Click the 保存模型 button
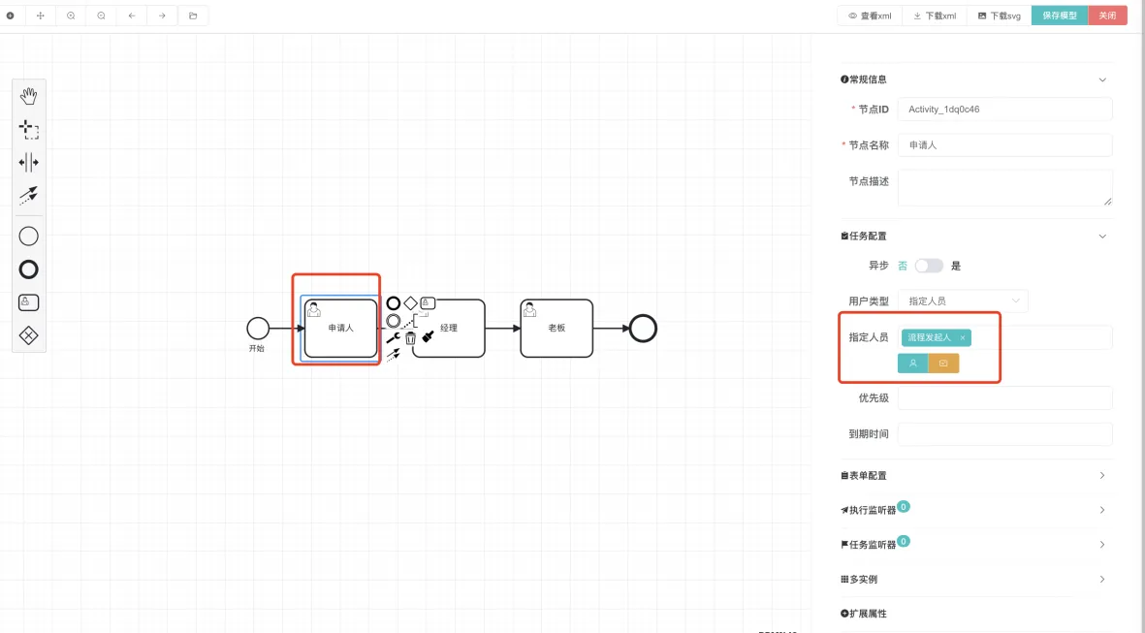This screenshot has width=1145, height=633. tap(1060, 16)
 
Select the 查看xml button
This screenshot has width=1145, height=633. tap(870, 16)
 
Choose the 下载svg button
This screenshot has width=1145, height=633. tap(1000, 16)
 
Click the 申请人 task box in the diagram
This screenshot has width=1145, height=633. tap(340, 328)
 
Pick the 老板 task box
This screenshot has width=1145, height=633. tap(557, 328)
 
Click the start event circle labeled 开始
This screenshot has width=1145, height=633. tap(257, 328)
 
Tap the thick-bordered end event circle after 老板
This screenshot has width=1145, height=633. tap(642, 328)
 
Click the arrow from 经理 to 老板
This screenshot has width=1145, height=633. tap(502, 328)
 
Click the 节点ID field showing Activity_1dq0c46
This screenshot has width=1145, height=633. tap(1004, 110)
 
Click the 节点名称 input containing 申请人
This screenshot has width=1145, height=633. tap(1004, 145)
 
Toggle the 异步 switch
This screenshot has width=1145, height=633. tap(929, 266)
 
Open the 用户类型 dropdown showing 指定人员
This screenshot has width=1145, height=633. tap(963, 301)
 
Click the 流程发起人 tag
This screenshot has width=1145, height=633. tap(931, 337)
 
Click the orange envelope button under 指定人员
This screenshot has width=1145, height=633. tap(943, 364)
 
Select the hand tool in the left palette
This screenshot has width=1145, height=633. tap(29, 96)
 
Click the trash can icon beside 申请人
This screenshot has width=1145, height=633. tap(410, 338)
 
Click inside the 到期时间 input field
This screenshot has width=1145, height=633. tap(1004, 433)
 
